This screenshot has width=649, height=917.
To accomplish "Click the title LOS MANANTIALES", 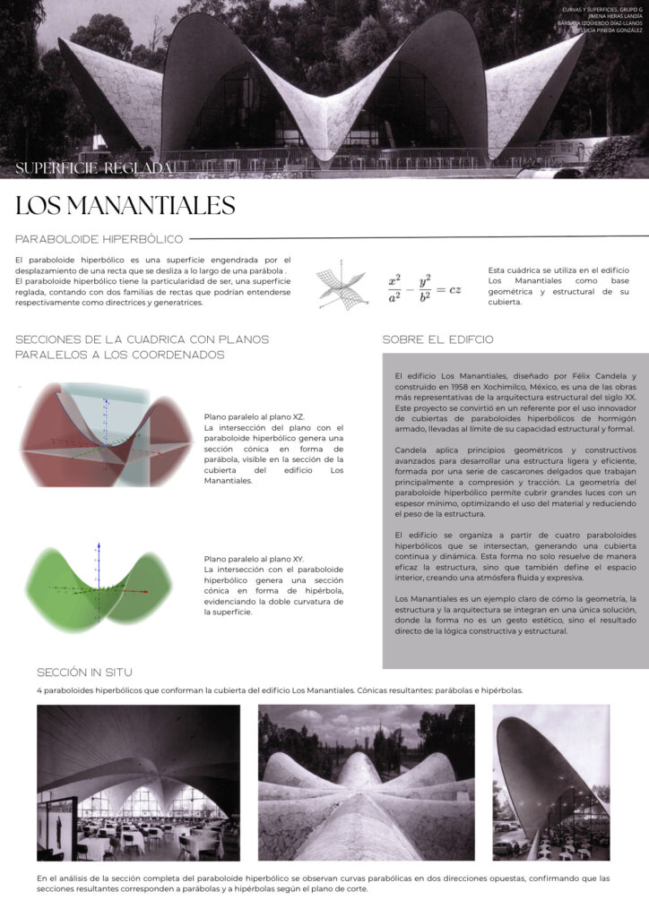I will pyautogui.click(x=125, y=206).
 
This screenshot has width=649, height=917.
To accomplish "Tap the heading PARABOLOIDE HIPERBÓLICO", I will pyautogui.click(x=100, y=239).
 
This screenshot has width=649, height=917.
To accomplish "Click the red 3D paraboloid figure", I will pyautogui.click(x=106, y=435).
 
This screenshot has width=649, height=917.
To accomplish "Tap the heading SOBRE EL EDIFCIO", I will pyautogui.click(x=437, y=340).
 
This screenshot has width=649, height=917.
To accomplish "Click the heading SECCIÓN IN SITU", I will pyautogui.click(x=85, y=672).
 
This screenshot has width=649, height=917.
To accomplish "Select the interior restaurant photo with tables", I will pyautogui.click(x=138, y=782).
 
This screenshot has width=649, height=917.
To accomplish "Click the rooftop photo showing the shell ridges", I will pyautogui.click(x=367, y=782).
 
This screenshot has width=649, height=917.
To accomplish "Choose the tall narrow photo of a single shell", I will pyautogui.click(x=550, y=782).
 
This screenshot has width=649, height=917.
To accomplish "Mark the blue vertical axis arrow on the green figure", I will pyautogui.click(x=100, y=560).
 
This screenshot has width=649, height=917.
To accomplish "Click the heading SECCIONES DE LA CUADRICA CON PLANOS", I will pyautogui.click(x=142, y=339).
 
